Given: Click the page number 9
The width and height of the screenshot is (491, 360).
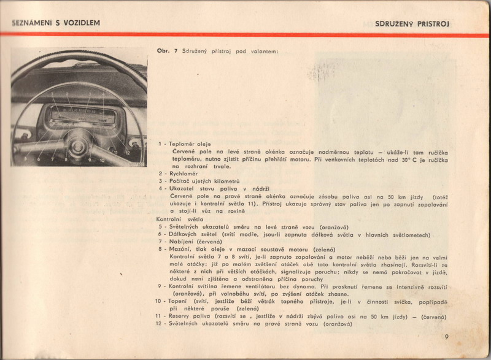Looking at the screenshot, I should point(447,336).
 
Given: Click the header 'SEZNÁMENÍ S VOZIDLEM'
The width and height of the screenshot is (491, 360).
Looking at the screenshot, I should point(56,23).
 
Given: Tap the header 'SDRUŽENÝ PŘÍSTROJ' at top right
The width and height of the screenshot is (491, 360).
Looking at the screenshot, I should point(412,24).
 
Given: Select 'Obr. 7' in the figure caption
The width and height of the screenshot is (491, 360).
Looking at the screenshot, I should point(167,51).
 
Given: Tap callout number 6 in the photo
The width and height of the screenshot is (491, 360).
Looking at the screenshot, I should point(39,159).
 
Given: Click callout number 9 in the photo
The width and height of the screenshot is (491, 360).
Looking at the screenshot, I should point(90,159).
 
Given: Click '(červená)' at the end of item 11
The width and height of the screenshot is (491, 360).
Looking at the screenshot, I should point(433,316).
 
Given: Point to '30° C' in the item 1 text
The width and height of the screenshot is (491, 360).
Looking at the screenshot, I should point(401,159).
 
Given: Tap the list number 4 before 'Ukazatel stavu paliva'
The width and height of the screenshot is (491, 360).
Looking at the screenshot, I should point(160,189).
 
